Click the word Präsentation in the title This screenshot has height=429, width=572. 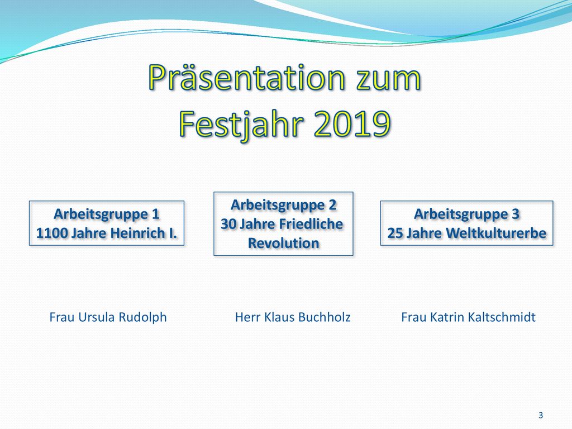pos(246,77)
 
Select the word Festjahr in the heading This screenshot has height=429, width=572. pos(241,124)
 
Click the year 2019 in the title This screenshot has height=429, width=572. pos(352,123)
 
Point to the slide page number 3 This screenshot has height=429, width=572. pos(541,415)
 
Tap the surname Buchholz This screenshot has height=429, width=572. pos(324,317)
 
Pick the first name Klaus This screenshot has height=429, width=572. pos(279,317)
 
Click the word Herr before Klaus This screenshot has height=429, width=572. pos(247,317)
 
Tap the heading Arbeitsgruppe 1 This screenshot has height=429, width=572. pos(107,214)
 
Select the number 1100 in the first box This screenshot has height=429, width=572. pos(51,233)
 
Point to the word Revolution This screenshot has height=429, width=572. pos(283,243)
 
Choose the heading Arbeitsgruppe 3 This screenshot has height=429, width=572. pos(466,214)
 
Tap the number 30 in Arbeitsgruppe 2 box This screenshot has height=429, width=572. pos(228,224)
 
